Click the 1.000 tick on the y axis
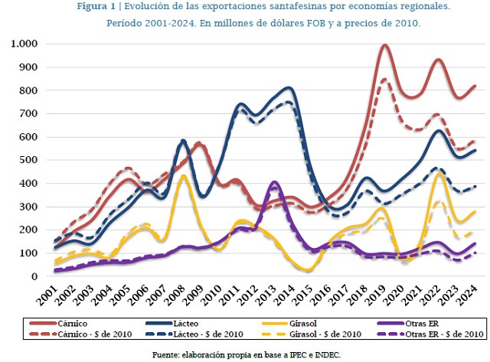tap(27, 44)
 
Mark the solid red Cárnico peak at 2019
tap(384, 45)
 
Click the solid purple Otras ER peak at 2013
tap(274, 182)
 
